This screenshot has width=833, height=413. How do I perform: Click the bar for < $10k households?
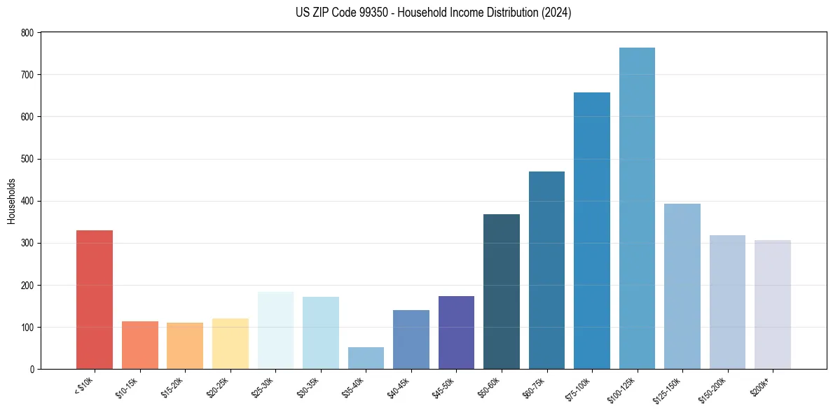pos(95,300)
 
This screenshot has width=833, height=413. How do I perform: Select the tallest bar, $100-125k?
pos(637,209)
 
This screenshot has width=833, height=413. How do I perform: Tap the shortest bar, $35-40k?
pos(366,358)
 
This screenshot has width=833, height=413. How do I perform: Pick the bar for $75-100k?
pos(592,231)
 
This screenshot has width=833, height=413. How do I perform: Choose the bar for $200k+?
pos(773,304)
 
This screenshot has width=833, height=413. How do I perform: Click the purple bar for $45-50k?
pos(456,332)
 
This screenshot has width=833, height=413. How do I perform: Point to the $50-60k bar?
pos(502,292)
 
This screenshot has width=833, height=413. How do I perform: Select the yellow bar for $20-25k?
pos(230,344)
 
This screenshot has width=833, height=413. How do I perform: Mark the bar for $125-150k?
pos(682,286)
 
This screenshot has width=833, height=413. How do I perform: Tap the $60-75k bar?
pos(546,270)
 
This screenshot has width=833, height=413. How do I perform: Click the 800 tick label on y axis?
pos(27,33)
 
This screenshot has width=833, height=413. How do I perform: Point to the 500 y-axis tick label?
pos(27,159)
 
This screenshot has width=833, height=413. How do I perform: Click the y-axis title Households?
pos(11,201)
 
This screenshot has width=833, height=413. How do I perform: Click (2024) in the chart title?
pos(556,13)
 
